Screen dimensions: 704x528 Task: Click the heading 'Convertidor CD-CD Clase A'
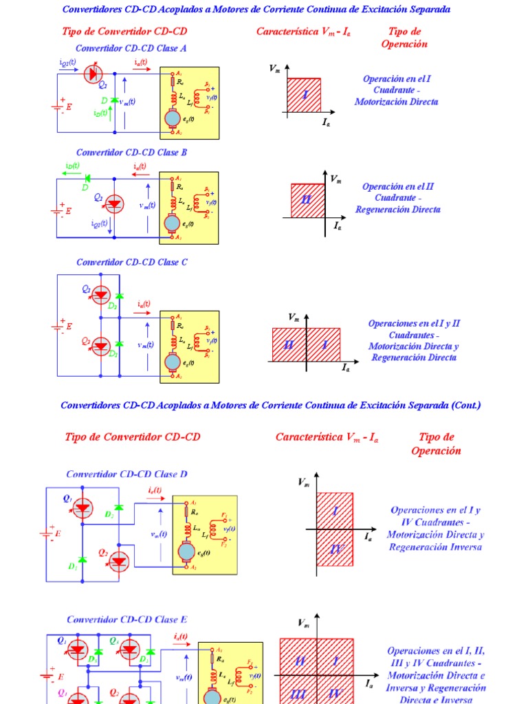[131, 49]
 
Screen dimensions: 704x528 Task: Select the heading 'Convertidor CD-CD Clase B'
[131, 153]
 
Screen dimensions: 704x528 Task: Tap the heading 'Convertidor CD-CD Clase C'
[131, 263]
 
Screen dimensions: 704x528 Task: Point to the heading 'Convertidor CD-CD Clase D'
[126, 474]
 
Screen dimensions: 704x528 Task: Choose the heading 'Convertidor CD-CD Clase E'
[126, 619]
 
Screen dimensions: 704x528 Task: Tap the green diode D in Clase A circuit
[114, 100]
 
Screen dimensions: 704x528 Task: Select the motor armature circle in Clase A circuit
[171, 119]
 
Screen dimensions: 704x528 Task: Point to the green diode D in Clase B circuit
[87, 178]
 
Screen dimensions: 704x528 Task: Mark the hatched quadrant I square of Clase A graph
[303, 95]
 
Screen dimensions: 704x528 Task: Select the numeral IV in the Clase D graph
[335, 549]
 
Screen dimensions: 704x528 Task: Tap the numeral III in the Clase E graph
[298, 695]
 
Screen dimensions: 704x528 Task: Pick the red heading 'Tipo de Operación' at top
[404, 38]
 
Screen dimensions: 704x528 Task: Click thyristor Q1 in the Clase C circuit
[101, 295]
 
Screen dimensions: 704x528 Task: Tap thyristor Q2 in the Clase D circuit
[119, 561]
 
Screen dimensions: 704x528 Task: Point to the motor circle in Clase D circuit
[186, 551]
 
